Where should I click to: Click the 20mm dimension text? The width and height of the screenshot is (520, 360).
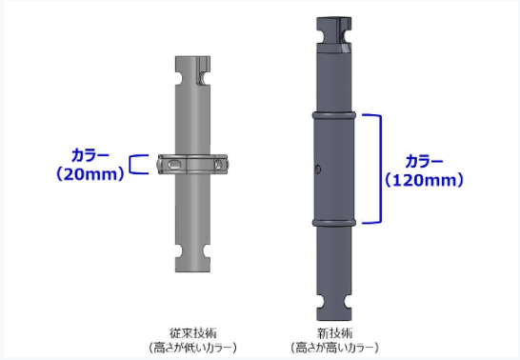pos(90,174)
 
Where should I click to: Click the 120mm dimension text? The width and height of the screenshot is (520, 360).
pos(424,180)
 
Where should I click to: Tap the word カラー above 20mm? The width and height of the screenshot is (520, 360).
pos(90,155)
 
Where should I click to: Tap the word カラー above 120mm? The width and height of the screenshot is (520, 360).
pos(424,162)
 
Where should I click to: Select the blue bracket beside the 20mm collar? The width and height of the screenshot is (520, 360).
pos(130,164)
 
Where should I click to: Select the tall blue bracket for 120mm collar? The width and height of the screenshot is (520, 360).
pos(380,169)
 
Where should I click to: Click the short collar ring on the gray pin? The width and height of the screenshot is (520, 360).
pos(192,164)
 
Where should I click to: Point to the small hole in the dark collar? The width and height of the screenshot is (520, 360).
pos(317,170)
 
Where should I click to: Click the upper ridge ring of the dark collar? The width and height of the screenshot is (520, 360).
pos(334,115)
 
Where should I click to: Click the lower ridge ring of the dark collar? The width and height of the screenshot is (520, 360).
pos(334,223)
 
